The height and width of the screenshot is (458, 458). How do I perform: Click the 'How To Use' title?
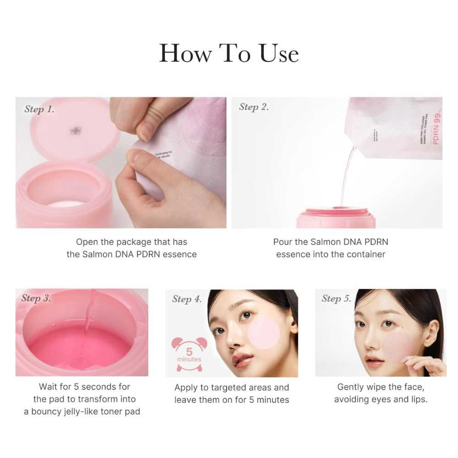tap(229, 53)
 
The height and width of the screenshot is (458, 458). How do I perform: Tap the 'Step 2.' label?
tap(254, 107)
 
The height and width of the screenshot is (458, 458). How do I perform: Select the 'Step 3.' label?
tap(36, 299)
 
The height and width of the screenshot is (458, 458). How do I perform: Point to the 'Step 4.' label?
tap(187, 299)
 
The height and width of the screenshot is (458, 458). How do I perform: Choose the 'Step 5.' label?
tap(336, 299)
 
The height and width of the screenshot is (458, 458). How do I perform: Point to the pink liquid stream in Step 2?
tap(347, 174)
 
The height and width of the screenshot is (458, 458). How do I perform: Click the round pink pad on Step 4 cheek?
tap(263, 333)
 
